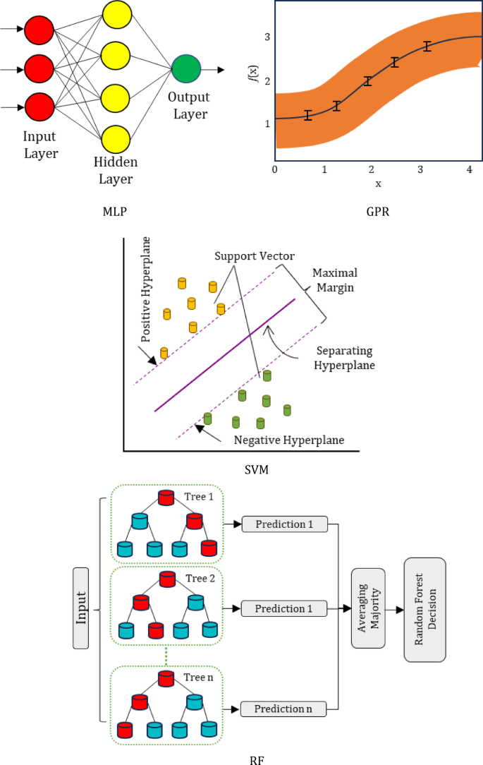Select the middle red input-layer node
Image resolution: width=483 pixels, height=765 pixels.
tap(39, 69)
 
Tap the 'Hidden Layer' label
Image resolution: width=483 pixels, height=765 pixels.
tap(116, 171)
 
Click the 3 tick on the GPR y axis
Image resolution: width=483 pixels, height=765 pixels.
tap(267, 37)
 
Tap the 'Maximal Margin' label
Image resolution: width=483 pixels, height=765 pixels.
tap(334, 280)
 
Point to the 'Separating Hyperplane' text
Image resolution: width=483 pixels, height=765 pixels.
tap(344, 359)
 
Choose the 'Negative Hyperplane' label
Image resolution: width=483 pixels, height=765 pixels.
tap(289, 440)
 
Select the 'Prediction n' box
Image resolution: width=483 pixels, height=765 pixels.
tap(284, 708)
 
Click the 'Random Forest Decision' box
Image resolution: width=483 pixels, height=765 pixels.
tap(424, 609)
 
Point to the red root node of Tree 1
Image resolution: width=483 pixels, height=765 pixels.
tap(166, 497)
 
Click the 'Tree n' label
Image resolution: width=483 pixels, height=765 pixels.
tap(198, 677)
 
